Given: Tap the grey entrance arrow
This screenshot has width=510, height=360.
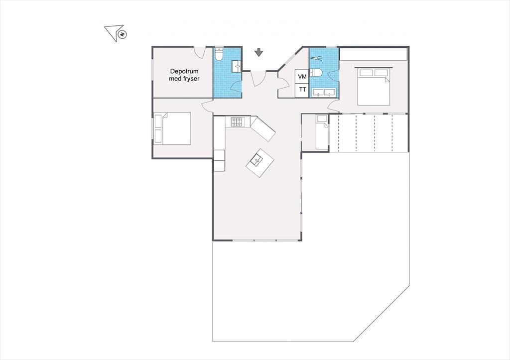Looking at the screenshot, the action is tap(258, 52).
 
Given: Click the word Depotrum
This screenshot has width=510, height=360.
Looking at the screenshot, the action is tap(184, 71).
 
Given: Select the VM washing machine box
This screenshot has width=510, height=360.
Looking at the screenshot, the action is tap(302, 76).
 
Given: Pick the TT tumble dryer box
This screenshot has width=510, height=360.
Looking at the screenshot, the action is tap(302, 90).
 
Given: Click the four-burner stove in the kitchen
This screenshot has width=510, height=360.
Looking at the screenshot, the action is tap(237, 122).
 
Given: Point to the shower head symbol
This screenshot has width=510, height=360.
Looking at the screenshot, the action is tap(316, 58).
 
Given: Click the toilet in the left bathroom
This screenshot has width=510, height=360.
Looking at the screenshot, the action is tap(219, 55).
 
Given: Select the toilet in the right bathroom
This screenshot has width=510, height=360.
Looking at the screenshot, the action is tap(316, 72).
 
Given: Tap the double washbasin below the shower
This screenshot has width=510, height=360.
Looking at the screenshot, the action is tap(324, 93).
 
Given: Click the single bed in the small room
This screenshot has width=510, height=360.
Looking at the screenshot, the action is tap(322, 132).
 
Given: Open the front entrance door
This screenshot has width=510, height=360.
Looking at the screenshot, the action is tap(258, 78).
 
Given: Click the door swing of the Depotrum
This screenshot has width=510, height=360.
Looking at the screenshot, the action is tap(199, 51).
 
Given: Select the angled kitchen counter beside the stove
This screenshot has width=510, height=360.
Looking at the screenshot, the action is tap(263, 129).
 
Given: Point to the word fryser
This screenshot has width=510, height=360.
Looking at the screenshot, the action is tap(192, 79).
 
